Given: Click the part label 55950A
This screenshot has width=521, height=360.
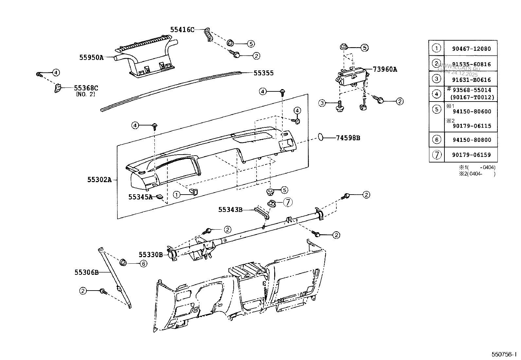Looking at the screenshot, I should (x=91, y=57).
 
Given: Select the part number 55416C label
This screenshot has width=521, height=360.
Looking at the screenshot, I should (x=182, y=30).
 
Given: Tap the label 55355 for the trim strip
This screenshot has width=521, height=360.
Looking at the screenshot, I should (x=263, y=73).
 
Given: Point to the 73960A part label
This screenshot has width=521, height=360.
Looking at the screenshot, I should (x=385, y=69).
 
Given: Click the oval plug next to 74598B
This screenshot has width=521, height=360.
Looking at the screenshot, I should (x=321, y=137).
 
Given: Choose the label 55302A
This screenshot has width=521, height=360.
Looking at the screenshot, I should (x=99, y=180).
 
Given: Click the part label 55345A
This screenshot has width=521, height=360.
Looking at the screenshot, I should (x=140, y=197).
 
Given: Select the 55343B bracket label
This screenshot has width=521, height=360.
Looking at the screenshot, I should (x=230, y=209).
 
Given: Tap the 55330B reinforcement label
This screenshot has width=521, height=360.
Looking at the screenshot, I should (x=151, y=254).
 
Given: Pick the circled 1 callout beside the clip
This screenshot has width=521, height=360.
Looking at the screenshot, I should (x=176, y=195).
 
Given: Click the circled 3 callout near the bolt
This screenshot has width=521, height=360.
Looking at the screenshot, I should (x=322, y=103).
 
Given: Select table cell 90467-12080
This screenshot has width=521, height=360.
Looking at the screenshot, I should (x=471, y=49).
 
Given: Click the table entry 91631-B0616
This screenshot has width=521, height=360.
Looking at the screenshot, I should (x=471, y=80).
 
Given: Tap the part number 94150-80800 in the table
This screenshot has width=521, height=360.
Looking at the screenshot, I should (x=471, y=140).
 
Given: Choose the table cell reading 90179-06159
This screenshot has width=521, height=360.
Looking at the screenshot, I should (x=471, y=155).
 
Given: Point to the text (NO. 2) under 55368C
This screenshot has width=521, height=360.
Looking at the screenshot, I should (x=86, y=94).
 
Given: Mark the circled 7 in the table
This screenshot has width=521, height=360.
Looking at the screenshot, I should (x=437, y=155).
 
